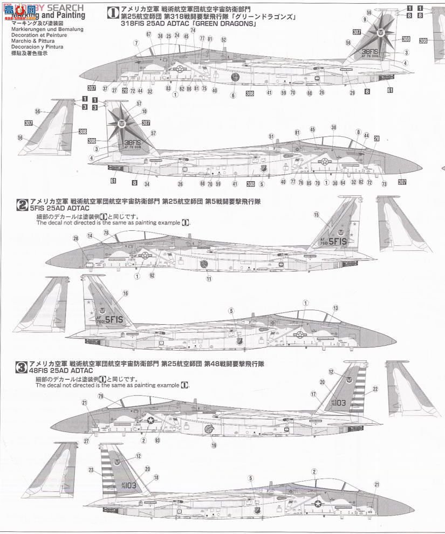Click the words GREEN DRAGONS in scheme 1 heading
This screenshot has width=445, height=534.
[x=221, y=25]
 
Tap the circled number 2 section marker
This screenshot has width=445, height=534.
[x=23, y=204]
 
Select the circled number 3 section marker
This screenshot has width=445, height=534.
[x=23, y=367]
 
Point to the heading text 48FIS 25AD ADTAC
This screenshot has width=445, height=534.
[x=62, y=371]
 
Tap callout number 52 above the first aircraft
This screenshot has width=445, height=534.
[x=223, y=39]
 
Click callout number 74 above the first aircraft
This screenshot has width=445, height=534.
[x=193, y=30]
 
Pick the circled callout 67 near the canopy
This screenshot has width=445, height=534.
[x=148, y=35]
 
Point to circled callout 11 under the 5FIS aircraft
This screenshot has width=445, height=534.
[x=209, y=279]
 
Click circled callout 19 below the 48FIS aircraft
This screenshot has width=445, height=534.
[x=214, y=446]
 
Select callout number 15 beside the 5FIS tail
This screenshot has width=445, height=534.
[x=316, y=215]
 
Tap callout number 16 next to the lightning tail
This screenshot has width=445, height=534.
[x=126, y=293]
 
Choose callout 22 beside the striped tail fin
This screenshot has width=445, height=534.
[x=375, y=388]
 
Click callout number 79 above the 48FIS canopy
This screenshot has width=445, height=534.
[x=100, y=396]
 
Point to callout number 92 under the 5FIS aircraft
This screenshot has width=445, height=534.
[x=152, y=276]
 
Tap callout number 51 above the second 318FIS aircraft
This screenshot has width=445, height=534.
[x=271, y=137]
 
